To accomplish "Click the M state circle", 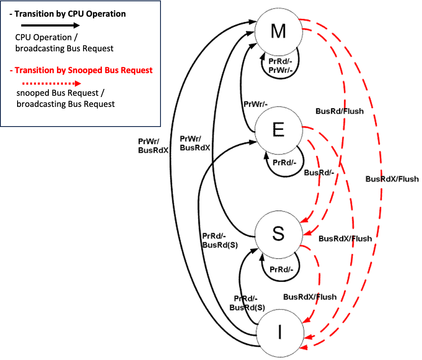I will coord(279,31).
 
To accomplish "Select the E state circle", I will coord(279,130).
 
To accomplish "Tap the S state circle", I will coord(279,234).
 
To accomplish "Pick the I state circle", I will coord(279,332).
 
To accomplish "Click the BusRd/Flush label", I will coord(339,111).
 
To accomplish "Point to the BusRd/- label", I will coord(318,173).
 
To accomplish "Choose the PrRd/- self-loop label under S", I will coord(282,269).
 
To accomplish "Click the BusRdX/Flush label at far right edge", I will coord(392,179).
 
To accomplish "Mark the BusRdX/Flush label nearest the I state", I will coord(310,297).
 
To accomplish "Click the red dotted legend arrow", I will coord(51,84).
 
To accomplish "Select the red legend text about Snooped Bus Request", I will coord(81,70).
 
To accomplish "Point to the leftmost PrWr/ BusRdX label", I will coord(153,145).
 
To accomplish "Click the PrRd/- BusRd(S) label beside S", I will coord(220,241).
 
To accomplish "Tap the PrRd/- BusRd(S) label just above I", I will coord(247,303).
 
